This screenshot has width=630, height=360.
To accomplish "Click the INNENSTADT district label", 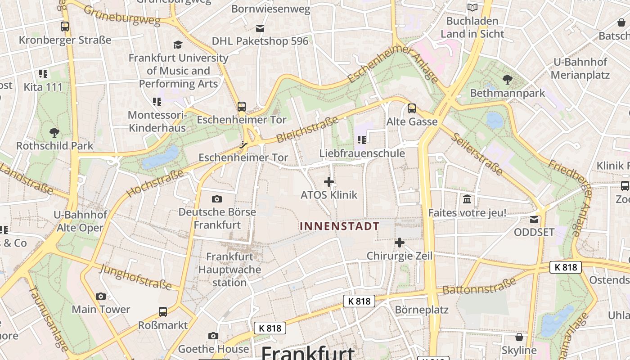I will click(x=340, y=226).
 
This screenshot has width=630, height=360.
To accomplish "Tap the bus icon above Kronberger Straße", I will click(x=65, y=27).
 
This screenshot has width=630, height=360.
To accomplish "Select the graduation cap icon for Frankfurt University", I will click(x=178, y=45).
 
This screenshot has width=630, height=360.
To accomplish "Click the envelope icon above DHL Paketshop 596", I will click(x=260, y=28).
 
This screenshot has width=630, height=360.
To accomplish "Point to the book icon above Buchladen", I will click(x=472, y=8).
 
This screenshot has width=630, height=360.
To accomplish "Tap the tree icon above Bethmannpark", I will click(x=507, y=80).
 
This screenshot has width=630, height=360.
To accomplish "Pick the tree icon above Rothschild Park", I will click(x=54, y=133).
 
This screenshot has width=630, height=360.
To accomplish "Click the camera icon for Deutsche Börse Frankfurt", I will click(x=217, y=199).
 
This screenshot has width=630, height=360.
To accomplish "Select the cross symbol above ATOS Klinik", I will click(x=329, y=182).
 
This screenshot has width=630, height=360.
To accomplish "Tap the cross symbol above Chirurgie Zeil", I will click(x=399, y=243).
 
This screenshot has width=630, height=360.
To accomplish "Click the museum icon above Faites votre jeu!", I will click(x=467, y=199).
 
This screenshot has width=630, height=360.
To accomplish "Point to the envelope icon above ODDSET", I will click(x=534, y=220).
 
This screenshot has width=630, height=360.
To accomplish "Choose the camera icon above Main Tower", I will click(x=101, y=296).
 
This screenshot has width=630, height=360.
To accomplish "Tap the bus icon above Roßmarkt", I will click(x=163, y=311).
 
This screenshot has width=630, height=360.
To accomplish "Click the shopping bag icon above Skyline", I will click(x=519, y=337).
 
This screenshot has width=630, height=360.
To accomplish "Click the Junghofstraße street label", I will click(x=135, y=276).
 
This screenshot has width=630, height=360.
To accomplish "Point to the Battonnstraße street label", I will click(x=479, y=286).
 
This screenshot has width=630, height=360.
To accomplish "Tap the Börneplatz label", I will click(x=422, y=310).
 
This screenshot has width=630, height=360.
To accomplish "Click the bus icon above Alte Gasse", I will click(x=412, y=108).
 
